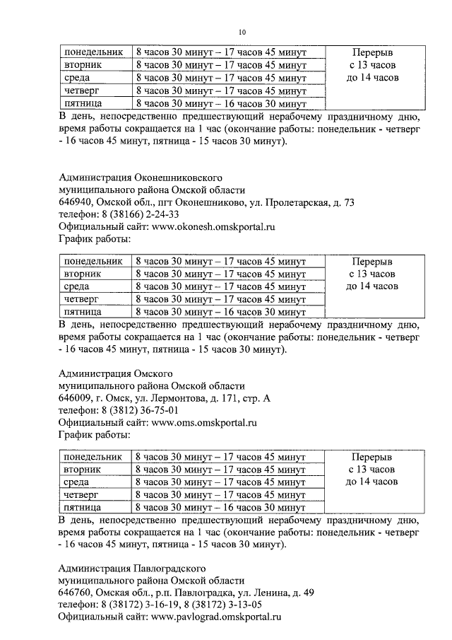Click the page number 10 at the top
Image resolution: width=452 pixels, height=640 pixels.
242,32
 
